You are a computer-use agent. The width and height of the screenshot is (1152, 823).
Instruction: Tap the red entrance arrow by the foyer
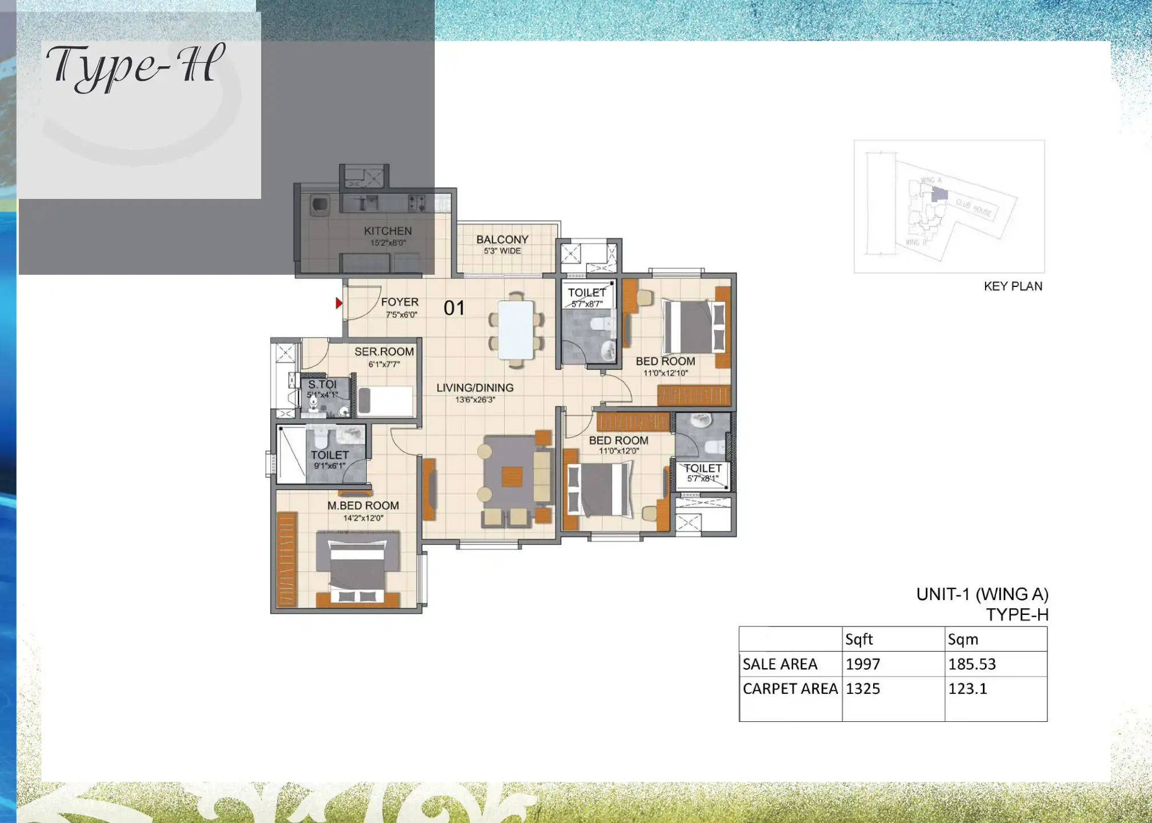[339, 303]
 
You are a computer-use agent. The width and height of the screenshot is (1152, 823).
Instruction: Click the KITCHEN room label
[387, 231]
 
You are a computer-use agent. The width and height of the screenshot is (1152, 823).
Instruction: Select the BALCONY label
[502, 239]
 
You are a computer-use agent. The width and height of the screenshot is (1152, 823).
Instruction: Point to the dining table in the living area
[516, 330]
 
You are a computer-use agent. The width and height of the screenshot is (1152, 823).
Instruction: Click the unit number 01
[454, 308]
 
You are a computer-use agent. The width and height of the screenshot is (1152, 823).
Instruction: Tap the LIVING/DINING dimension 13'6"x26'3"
[475, 399]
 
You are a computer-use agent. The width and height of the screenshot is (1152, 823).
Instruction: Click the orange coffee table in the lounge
[512, 476]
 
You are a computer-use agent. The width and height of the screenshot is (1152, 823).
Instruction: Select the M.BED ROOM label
[363, 505]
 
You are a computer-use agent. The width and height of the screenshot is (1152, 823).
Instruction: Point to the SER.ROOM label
[384, 351]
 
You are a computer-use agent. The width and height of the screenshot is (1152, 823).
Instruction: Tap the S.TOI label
[322, 384]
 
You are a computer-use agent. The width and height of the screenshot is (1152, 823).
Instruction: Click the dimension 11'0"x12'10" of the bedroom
[666, 373]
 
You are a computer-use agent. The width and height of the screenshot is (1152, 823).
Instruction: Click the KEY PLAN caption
[1013, 286]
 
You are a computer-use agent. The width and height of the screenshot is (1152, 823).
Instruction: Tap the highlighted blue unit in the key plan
[939, 194]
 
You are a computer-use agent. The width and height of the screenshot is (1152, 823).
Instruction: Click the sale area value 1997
[863, 664]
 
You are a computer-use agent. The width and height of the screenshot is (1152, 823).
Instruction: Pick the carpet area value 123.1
[967, 689]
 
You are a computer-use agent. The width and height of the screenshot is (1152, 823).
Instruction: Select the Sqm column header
[963, 640]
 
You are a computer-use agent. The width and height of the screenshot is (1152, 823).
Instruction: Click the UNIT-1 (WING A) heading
[982, 594]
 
